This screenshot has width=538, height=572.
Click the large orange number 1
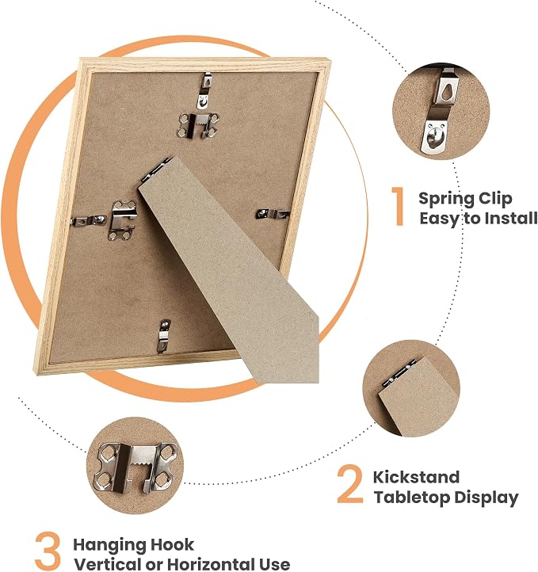399,206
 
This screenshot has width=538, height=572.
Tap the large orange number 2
350,484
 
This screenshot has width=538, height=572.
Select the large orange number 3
48,551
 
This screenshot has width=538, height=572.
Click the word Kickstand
416,477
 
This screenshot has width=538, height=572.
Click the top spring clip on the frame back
204,91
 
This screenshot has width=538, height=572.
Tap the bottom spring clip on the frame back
163,336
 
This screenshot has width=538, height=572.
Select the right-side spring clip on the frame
273,214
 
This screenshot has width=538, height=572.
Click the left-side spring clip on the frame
88,221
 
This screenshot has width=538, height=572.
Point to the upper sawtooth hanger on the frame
198,125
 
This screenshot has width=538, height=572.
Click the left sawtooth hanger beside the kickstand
124,220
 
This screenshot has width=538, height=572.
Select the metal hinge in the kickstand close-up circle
399,374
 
